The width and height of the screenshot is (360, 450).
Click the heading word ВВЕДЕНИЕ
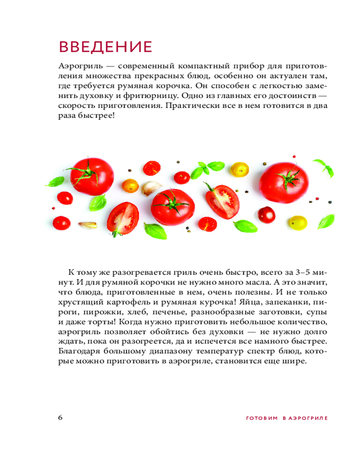click(x=106, y=46)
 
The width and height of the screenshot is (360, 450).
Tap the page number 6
click(x=61, y=417)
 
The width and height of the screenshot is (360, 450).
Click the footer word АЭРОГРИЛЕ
click(x=307, y=418)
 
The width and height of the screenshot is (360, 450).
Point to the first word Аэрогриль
click(x=78, y=63)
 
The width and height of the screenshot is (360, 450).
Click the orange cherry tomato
click(x=131, y=185)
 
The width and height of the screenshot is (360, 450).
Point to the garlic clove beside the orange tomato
click(x=152, y=188)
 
